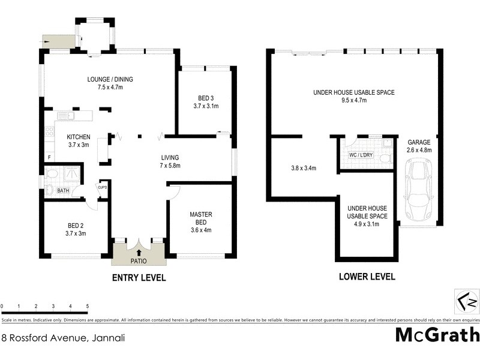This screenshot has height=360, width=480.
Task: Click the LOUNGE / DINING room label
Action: tap(110, 79)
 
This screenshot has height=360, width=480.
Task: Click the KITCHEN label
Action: tap(78, 137)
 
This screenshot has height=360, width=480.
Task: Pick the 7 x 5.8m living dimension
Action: tap(170, 166)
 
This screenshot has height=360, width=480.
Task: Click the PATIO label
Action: tap(139, 261)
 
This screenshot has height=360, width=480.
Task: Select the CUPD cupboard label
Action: tap(103, 187)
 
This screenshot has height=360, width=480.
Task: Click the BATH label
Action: tap(63, 191)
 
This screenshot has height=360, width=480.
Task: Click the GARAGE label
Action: tap(419, 142)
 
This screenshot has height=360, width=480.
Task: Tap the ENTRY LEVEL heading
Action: tap(139, 278)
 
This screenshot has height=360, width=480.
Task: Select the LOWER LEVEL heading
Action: tap(367, 277)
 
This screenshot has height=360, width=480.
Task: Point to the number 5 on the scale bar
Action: tap(88, 307)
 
